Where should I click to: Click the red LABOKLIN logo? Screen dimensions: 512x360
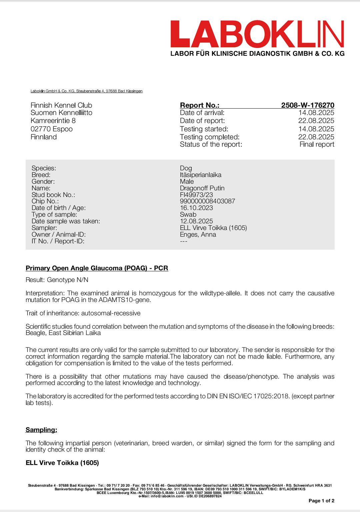pyautogui.click(x=257, y=34)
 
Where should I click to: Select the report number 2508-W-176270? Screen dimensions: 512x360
pyautogui.click(x=307, y=105)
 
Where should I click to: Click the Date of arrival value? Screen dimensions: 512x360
pyautogui.click(x=316, y=113)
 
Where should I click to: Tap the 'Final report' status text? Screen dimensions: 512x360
pyautogui.click(x=317, y=144)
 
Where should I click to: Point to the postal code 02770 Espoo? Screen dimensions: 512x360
pyautogui.click(x=52, y=129)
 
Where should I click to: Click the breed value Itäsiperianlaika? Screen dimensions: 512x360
pyautogui.click(x=200, y=175)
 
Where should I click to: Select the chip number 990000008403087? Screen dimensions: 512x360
pyautogui.click(x=207, y=201)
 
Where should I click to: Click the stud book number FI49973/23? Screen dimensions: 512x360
pyautogui.click(x=196, y=195)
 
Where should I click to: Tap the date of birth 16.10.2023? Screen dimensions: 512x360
pyautogui.click(x=196, y=208)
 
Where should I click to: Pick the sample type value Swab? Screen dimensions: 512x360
pyautogui.click(x=188, y=214)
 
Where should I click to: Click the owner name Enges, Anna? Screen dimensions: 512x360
pyautogui.click(x=198, y=234)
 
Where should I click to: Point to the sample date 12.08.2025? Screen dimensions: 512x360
pyautogui.click(x=196, y=221)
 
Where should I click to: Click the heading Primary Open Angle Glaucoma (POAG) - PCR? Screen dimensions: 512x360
pyautogui.click(x=97, y=268)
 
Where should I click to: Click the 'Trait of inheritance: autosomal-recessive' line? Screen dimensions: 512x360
pyautogui.click(x=83, y=313)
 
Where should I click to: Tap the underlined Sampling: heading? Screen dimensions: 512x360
pyautogui.click(x=41, y=430)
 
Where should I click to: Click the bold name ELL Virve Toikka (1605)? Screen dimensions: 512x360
pyautogui.click(x=62, y=463)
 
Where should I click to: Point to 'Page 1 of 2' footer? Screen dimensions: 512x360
pyautogui.click(x=321, y=501)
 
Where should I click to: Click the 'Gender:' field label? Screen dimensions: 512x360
pyautogui.click(x=43, y=181)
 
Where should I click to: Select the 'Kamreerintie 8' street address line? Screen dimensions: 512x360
pyautogui.click(x=53, y=121)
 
